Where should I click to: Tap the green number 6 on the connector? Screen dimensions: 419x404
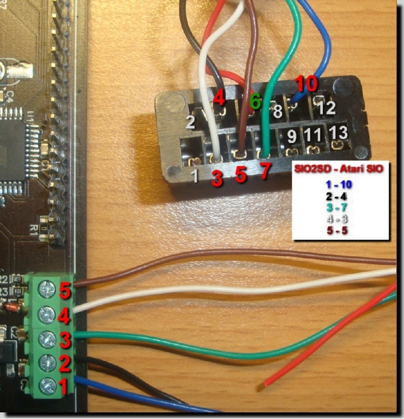[255, 101]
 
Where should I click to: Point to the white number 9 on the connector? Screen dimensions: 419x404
[292, 135]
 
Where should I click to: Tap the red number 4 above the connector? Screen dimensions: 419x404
[220, 99]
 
